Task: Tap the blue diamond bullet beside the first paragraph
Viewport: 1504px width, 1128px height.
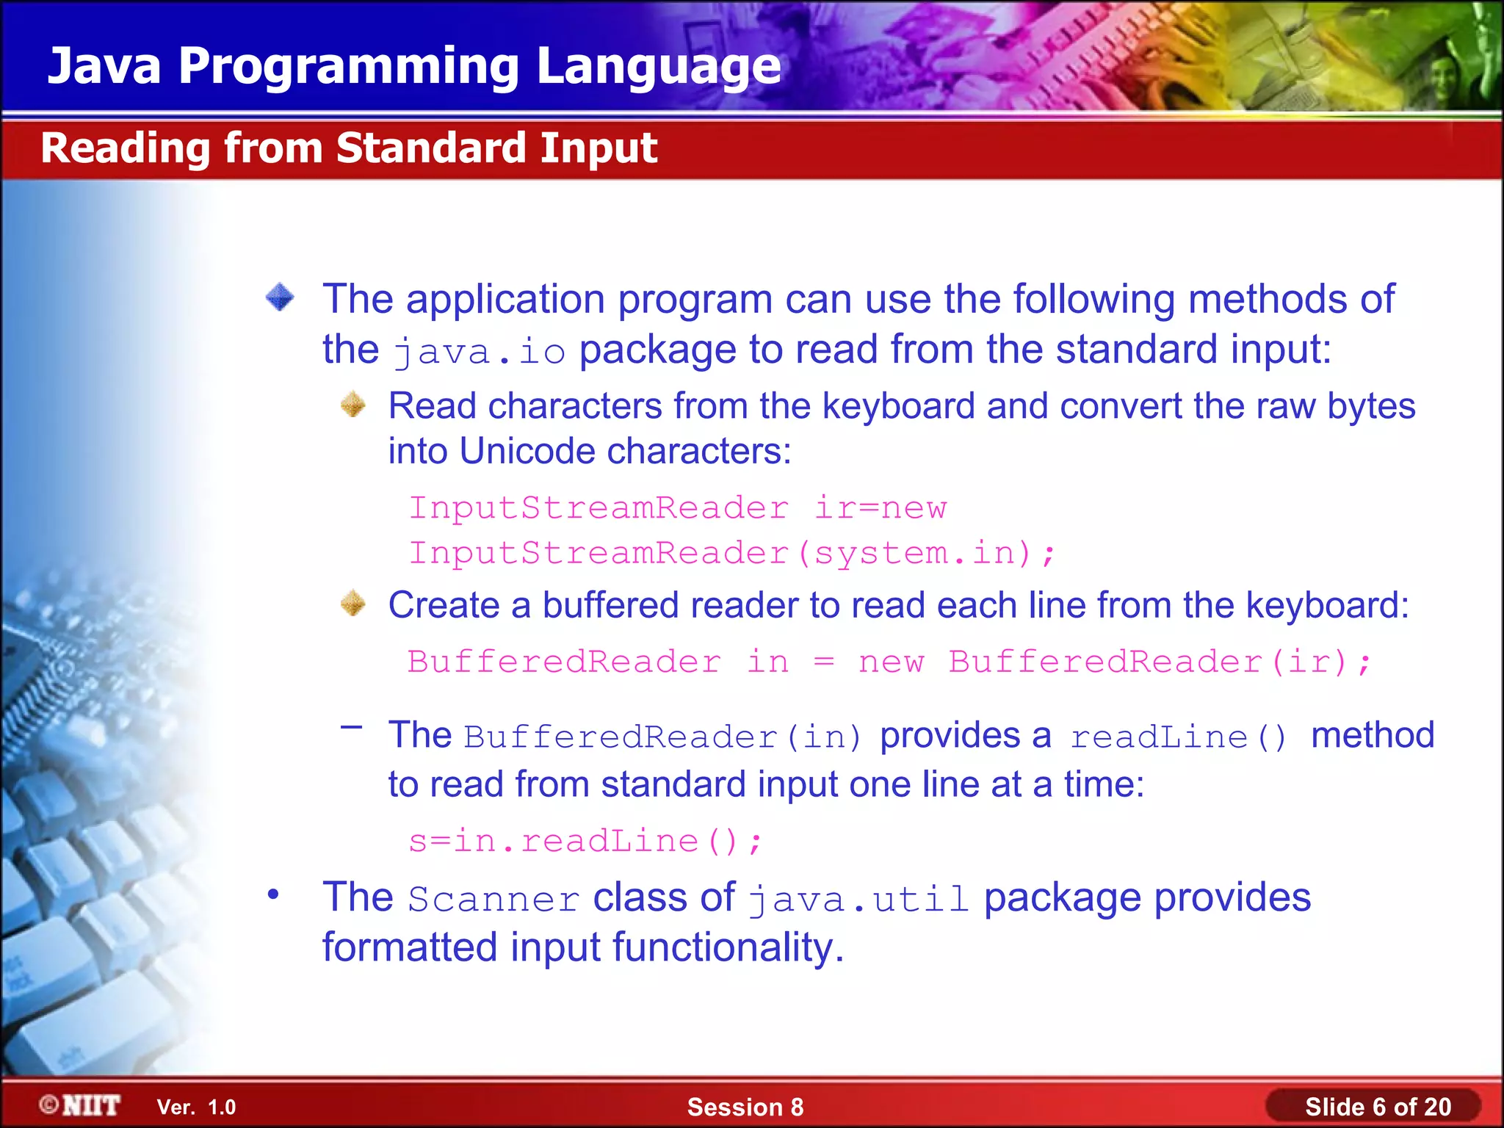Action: [280, 297]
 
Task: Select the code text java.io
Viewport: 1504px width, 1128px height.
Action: [479, 351]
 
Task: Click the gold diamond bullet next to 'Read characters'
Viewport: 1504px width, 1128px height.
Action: [353, 405]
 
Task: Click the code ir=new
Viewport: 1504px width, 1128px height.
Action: [881, 508]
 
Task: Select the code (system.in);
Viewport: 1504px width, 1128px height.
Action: [926, 553]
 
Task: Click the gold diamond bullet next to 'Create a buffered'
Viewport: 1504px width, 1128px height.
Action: [353, 604]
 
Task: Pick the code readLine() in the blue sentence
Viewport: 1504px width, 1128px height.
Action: [1178, 737]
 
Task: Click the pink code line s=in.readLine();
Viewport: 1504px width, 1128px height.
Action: [585, 841]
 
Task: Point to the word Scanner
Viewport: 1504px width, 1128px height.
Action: [493, 900]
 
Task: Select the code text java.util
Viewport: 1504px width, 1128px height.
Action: [858, 900]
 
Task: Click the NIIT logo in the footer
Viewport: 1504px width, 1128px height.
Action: [81, 1105]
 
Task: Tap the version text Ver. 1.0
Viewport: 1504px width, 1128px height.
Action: [196, 1107]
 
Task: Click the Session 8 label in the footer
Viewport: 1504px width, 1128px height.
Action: [745, 1107]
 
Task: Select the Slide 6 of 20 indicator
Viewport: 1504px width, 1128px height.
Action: [1377, 1107]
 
